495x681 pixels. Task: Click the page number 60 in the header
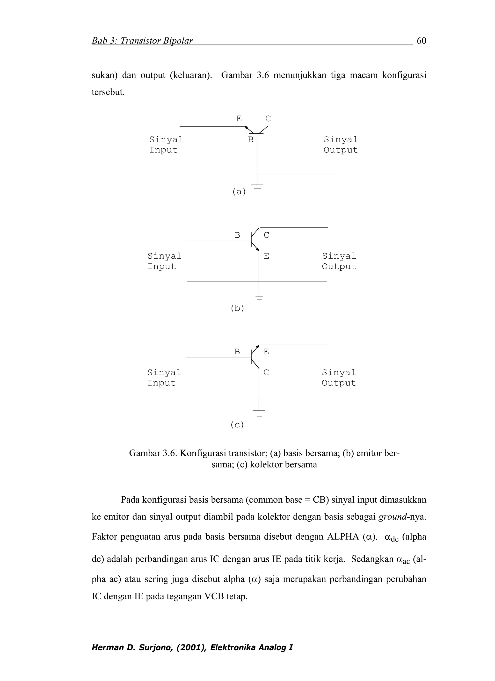point(422,41)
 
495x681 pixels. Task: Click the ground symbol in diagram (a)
point(257,188)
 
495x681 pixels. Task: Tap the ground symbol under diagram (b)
point(259,296)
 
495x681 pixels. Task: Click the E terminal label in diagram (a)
point(239,119)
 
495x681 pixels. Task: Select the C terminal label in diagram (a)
point(268,119)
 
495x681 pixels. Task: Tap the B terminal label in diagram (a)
point(250,140)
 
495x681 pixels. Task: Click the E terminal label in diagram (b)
point(266,256)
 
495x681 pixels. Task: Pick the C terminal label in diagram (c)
point(266,373)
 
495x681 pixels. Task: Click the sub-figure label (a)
point(239,192)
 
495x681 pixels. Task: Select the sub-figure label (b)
point(238,308)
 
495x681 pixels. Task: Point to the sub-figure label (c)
point(237,425)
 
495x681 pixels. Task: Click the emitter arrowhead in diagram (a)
point(246,128)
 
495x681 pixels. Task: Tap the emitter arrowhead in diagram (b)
point(257,249)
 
